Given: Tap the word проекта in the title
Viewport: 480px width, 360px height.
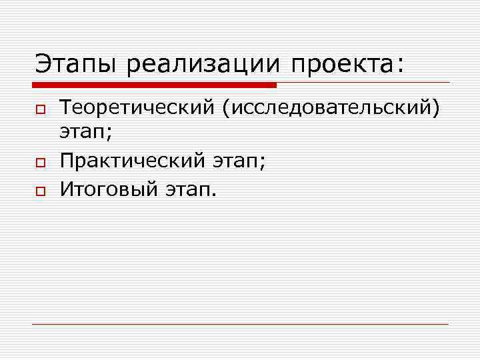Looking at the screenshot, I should coord(341,65).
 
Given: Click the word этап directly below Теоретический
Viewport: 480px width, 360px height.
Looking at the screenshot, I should coord(82,133).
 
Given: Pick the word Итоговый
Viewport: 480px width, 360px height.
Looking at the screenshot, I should coord(107,189).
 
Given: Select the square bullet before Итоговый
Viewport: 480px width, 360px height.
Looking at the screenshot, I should coord(40,191).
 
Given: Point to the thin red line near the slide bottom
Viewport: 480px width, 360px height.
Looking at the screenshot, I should coord(240,324).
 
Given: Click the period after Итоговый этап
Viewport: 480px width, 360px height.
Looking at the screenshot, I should coord(214,195).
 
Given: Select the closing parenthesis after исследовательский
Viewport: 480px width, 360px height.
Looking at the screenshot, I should coord(435,107).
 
